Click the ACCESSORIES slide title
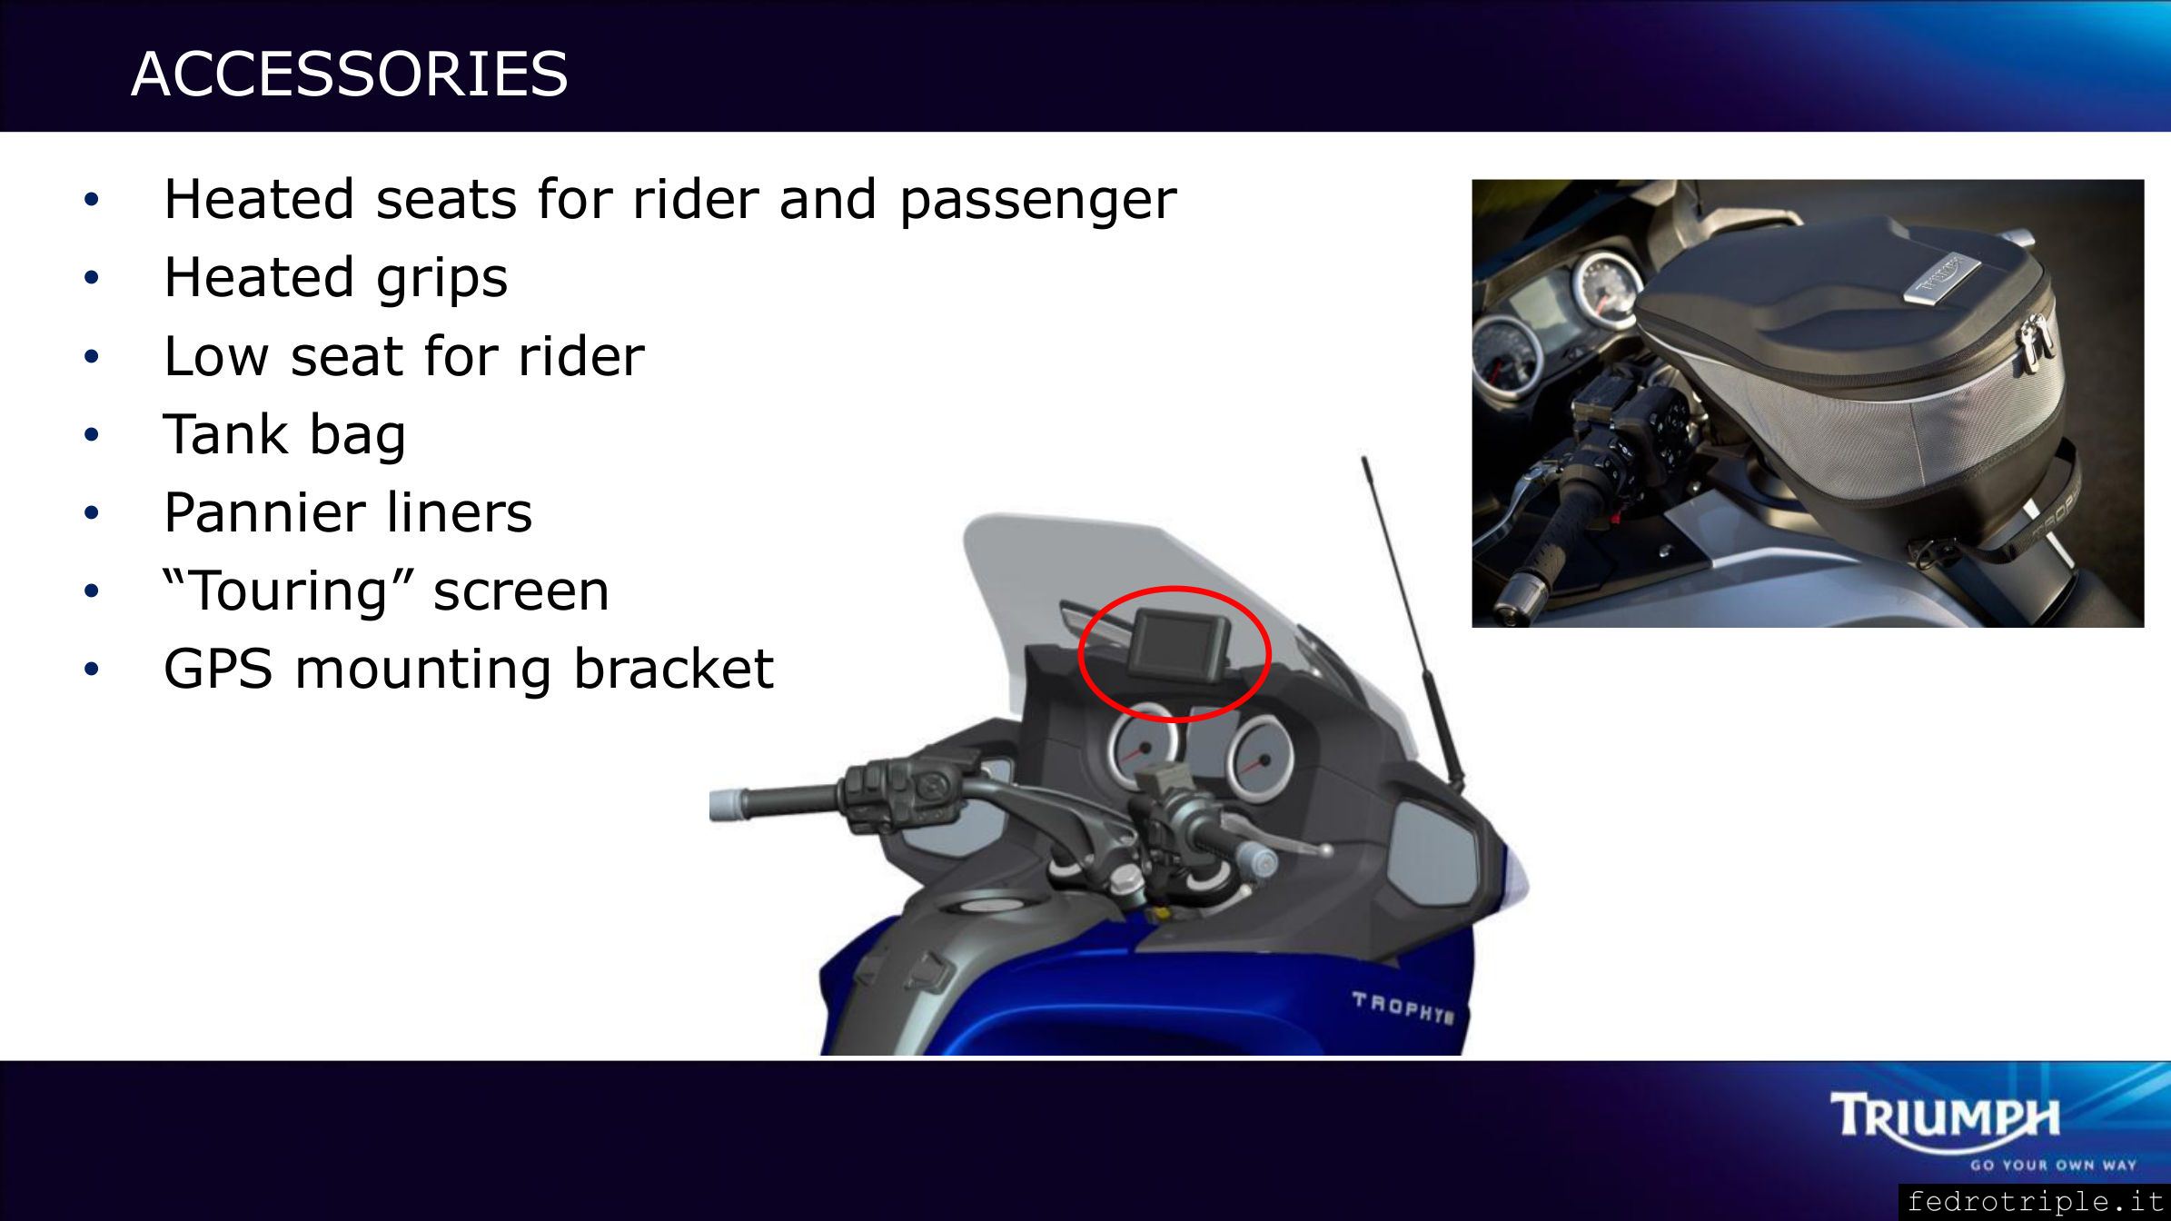point(350,74)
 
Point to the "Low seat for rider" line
point(403,355)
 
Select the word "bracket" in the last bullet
point(673,669)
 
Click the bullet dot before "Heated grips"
point(91,278)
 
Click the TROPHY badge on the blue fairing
point(1402,1008)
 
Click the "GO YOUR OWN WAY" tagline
point(2053,1166)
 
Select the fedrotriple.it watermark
point(2035,1202)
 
